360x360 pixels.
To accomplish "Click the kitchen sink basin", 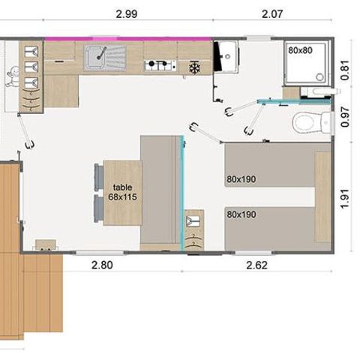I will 95,56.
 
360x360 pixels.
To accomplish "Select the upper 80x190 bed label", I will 241,179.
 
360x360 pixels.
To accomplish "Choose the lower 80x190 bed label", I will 241,214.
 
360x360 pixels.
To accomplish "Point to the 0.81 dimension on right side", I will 345,70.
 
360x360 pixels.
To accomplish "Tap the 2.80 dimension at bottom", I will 103,265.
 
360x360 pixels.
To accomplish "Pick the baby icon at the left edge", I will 13,75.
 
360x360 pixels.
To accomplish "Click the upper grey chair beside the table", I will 97,177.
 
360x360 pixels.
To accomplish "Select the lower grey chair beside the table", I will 97,208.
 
